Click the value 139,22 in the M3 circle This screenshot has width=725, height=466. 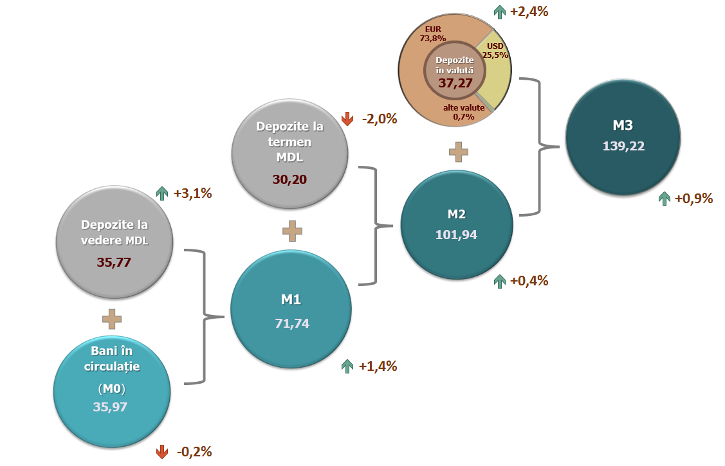click(x=623, y=146)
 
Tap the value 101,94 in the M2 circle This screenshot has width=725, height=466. click(x=456, y=235)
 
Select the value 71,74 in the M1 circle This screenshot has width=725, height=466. click(x=291, y=323)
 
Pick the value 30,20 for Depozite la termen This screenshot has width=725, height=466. click(x=289, y=180)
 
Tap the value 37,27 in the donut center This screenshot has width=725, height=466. click(x=455, y=82)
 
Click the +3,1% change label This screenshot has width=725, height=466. click(x=192, y=193)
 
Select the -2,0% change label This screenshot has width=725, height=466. click(x=380, y=119)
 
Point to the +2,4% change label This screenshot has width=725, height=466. click(x=529, y=11)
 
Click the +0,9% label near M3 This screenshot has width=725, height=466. click(x=693, y=199)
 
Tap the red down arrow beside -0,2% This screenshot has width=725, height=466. click(x=162, y=452)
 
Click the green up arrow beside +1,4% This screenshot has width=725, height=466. click(x=347, y=366)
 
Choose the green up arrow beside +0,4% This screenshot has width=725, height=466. click(x=499, y=281)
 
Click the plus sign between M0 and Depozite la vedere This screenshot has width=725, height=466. click(x=112, y=318)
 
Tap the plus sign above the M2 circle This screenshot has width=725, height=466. click(x=458, y=152)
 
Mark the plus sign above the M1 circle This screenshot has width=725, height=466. click(x=292, y=231)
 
